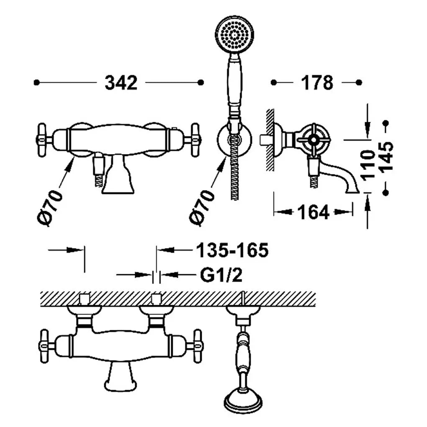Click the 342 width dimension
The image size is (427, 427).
click(121, 83)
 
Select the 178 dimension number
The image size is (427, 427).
click(317, 83)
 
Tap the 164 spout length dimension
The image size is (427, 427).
click(314, 212)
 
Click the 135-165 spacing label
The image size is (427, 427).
click(232, 250)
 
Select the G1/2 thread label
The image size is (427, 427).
click(221, 275)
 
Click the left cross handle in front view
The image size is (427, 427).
click(42, 140)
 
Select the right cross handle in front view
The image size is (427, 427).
click(195, 140)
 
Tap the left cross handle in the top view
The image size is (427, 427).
click(44, 346)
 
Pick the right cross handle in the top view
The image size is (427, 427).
click(197, 346)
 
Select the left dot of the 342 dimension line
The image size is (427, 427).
click(36, 82)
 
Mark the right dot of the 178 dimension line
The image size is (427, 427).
click(359, 82)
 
